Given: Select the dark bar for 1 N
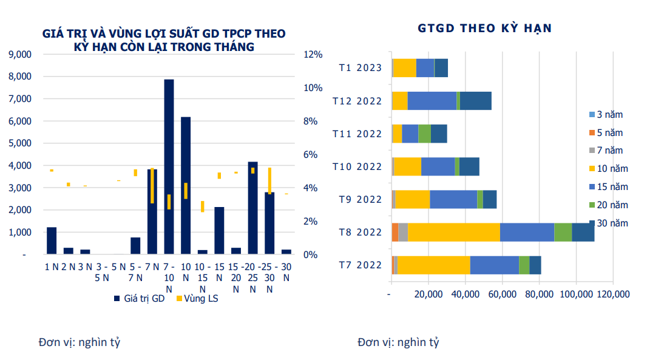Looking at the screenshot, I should coord(52,240).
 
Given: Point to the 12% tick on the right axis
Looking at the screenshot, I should coord(313,54).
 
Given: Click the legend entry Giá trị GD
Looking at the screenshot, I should coord(139,299).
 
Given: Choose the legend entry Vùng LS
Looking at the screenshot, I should coord(197,299).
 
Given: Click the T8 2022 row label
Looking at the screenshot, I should coord(361,232).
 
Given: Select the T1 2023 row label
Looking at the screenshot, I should coord(361,67).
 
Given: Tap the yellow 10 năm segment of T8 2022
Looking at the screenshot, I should coord(454,232).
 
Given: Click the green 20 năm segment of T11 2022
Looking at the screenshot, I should coord(424,134).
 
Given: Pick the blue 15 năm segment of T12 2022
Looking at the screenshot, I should coord(432,101).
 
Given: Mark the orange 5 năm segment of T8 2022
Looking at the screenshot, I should coord(395,232).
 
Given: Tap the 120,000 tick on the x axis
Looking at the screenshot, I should coord(612,294).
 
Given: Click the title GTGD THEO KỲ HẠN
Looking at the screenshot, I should coord(484,28).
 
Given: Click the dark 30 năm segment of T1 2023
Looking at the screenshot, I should coord(441,68).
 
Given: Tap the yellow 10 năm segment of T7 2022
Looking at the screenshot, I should coord(433,265).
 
